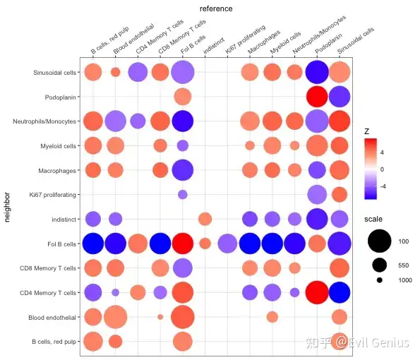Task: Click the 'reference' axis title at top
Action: [x=216, y=9]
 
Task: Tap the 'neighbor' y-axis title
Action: [x=7, y=207]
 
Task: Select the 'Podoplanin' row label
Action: [x=60, y=97]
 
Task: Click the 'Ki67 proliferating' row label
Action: [x=52, y=195]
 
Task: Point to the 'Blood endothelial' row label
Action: [x=52, y=318]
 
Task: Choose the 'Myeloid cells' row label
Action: [x=58, y=146]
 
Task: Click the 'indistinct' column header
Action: [x=213, y=46]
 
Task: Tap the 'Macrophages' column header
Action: [x=263, y=42]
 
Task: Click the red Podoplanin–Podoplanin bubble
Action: [x=317, y=97]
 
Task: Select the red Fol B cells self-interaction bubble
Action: [x=182, y=244]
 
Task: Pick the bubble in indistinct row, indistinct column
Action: [x=205, y=219]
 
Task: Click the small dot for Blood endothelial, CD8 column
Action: [x=160, y=317]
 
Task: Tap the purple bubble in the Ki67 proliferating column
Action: [x=227, y=244]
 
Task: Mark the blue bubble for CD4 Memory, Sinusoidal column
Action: [x=340, y=292]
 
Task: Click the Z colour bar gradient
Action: [x=371, y=169]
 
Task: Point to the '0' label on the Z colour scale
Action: [x=382, y=169]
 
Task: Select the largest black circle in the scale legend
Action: [x=379, y=241]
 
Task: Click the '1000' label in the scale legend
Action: [x=405, y=280]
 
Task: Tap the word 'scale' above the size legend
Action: [x=373, y=219]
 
